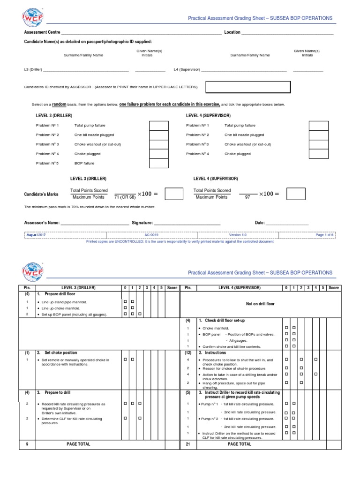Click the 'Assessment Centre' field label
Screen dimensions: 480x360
coord(42,32)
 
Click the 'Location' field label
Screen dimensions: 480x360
coord(232,32)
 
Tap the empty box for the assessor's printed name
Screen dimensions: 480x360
coord(248,87)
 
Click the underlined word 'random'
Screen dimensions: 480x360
coord(59,104)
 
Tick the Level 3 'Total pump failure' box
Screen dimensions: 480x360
coord(158,126)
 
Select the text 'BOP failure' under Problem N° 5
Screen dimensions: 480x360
coord(84,163)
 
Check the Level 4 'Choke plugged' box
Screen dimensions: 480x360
coord(318,154)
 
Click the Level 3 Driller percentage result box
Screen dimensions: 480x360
coord(174,194)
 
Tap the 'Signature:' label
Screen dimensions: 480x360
coord(142,223)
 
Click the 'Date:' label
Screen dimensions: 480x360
coord(260,223)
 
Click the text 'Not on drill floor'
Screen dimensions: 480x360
coord(260,304)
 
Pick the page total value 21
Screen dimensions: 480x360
coord(187,444)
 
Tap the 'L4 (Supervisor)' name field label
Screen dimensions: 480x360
coord(187,69)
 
